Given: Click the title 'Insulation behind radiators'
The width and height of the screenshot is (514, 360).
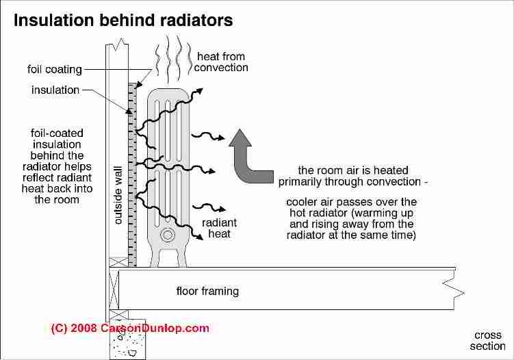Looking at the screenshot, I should (x=123, y=20).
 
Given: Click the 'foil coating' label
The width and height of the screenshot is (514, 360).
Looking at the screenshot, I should (x=55, y=69).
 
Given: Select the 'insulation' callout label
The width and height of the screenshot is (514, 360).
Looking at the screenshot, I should (x=55, y=90).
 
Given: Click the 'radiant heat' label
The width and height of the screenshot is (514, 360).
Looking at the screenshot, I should (x=219, y=228).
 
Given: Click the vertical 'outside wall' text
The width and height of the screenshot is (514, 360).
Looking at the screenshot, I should (x=118, y=198).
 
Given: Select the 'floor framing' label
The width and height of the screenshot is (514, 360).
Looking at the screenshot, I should (x=207, y=292).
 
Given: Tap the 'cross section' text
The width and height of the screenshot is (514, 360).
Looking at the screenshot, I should (x=487, y=340).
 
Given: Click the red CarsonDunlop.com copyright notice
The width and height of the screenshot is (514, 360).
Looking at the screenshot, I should (x=130, y=329).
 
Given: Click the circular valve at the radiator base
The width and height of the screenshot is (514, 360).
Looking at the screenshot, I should (x=167, y=236).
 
